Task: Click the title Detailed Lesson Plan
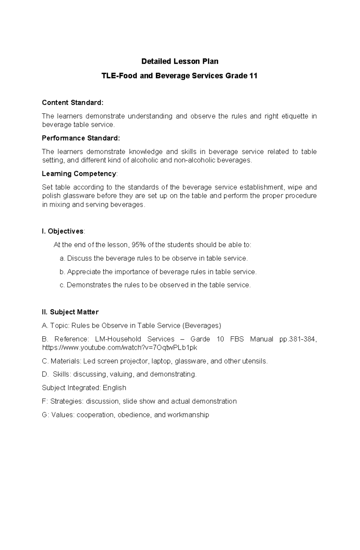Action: point(180,61)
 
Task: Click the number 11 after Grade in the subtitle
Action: point(253,76)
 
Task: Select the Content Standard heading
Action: point(72,103)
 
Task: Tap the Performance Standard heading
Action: point(81,138)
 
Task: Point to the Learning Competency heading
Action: point(79,174)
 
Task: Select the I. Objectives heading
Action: point(63,231)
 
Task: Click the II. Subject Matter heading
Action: point(70,312)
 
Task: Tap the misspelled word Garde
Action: point(200,339)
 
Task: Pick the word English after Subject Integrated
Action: point(114,388)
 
